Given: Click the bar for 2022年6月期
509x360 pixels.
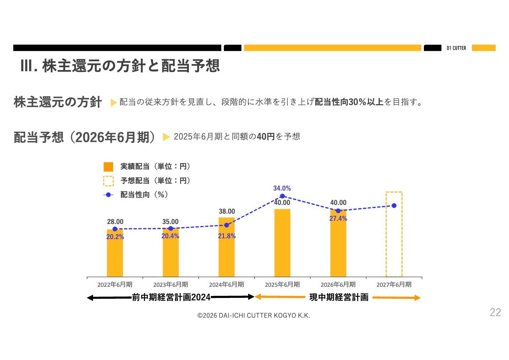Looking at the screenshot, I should (115, 255).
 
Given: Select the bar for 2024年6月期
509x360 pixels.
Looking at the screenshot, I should (226, 251).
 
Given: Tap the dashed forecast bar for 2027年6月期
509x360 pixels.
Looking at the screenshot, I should (394, 239).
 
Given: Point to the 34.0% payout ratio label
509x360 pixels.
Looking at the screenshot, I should (282, 188).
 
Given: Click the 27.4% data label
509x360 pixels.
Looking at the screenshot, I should (338, 218).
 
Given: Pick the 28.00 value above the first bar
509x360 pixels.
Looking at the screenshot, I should (115, 222).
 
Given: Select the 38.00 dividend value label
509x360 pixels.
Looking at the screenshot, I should (227, 211).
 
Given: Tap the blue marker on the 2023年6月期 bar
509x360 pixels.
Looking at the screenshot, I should (171, 228).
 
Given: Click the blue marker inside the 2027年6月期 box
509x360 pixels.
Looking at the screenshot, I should (394, 206).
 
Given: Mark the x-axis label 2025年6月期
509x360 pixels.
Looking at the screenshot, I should (282, 284).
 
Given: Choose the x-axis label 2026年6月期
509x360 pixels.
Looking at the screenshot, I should (338, 284).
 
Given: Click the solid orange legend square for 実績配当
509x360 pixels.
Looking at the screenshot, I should (108, 167).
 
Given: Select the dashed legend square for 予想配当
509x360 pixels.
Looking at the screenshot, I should (108, 181).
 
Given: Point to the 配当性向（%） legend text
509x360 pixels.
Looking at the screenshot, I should (144, 195).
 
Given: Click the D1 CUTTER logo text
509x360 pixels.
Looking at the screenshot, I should (456, 48).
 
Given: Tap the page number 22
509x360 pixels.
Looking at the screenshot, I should (495, 312).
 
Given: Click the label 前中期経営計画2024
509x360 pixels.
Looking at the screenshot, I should (171, 297).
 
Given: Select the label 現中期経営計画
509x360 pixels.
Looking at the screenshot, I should (339, 297).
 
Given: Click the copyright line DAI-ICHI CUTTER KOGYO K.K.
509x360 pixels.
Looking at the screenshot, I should (254, 315).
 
